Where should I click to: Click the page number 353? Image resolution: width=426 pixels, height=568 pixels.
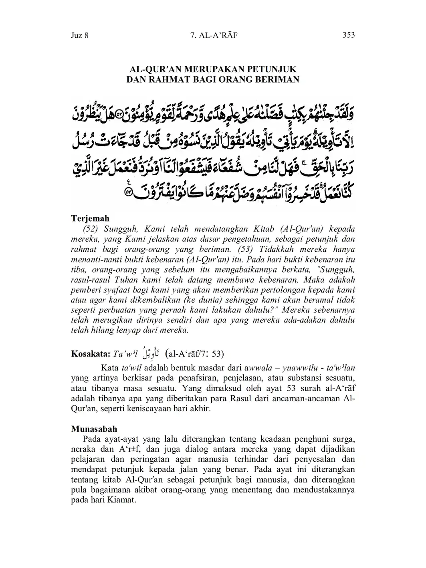coord(349,35)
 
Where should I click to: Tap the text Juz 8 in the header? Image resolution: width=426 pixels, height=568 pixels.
coord(79,35)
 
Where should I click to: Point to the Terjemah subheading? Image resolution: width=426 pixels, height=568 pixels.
coord(90,218)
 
